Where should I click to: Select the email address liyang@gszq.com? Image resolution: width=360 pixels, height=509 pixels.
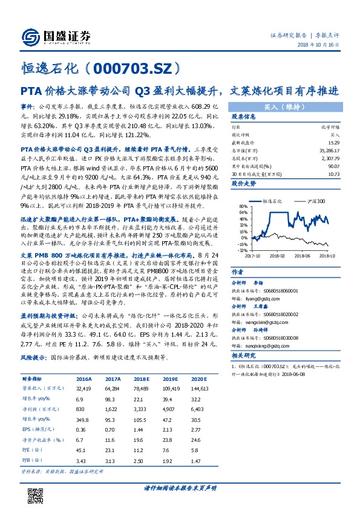pos(256,281)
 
